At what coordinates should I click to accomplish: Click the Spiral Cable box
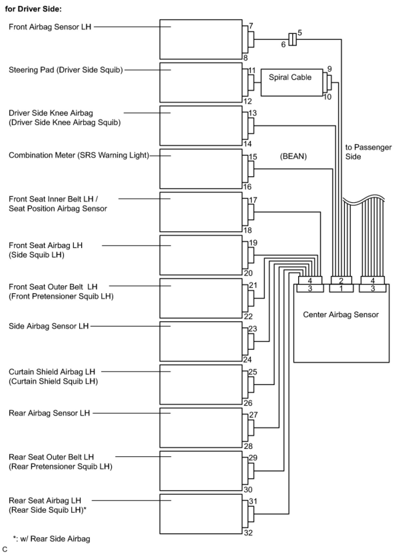coord(292,82)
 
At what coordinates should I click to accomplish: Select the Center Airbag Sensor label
coord(341,315)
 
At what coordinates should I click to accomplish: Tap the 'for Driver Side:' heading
coord(33,9)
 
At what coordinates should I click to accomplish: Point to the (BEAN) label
coord(293,156)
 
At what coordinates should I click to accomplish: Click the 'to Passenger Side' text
coord(368,152)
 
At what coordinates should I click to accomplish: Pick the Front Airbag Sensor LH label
coord(50,27)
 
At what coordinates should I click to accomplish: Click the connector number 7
coord(251,26)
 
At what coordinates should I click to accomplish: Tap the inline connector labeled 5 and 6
coord(293,40)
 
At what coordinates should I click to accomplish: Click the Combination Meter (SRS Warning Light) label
coord(79,155)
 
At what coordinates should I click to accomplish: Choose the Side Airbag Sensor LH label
coord(49,326)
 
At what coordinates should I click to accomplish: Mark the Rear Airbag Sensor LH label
coord(49,413)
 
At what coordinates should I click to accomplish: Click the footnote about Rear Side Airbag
coord(52,539)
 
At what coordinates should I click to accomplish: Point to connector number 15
coord(253,157)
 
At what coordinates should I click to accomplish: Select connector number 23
coord(253,329)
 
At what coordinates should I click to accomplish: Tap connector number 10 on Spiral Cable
coord(327,97)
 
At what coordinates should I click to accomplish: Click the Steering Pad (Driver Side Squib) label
coord(66,70)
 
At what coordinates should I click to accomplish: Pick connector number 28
coord(248,446)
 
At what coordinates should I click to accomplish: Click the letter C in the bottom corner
coord(5,549)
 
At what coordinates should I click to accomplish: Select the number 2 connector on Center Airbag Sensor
coord(341,280)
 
